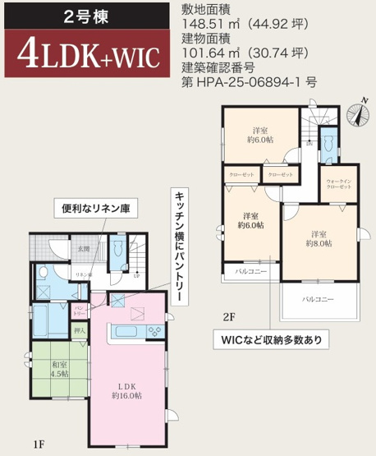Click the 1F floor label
pyautogui.click(x=38, y=444)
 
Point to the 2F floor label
pyautogui.click(x=229, y=315)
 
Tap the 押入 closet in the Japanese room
pyautogui.click(x=80, y=332)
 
